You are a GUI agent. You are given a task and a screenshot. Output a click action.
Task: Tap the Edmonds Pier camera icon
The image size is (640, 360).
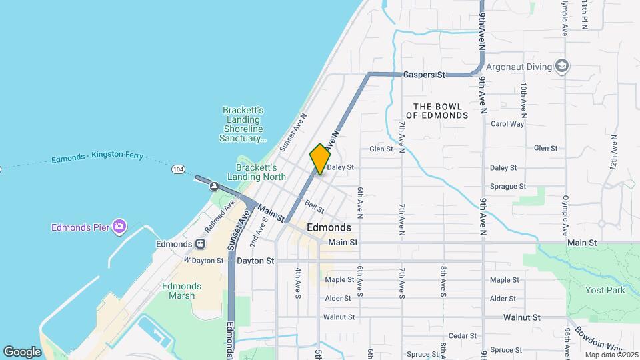point(119,227)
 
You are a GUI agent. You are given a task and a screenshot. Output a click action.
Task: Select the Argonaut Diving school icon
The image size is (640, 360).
point(562,66)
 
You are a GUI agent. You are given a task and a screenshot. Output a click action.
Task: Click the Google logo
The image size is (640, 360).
point(22,351)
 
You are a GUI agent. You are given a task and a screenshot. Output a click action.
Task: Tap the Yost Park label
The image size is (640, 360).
point(605,290)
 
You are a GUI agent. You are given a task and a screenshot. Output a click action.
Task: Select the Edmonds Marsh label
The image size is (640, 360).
point(181,291)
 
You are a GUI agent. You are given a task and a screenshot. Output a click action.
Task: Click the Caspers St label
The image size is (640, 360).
point(424,75)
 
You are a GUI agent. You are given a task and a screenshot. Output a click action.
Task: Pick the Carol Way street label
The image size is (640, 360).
point(507,124)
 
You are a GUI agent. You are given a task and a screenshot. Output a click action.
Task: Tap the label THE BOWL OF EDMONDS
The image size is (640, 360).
point(437,111)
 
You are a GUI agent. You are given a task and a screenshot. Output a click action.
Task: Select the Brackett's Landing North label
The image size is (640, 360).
point(257,172)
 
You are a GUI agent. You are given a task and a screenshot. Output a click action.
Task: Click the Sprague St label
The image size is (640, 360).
point(508,187)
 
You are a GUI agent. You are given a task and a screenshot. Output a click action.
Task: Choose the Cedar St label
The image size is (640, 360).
point(462,336)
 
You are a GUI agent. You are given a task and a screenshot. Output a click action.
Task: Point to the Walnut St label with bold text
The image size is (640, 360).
point(521,317)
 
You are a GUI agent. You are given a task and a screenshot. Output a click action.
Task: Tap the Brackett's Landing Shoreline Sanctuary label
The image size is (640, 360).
point(243,124)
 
